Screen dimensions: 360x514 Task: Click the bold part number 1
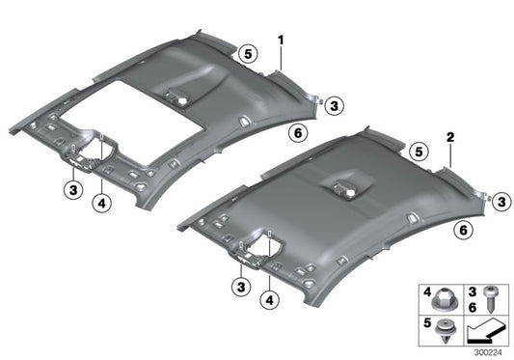[x=281, y=41]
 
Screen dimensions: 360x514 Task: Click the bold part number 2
[x=449, y=139]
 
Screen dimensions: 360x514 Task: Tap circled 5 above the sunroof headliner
[x=247, y=55]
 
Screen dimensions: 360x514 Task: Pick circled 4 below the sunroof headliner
[x=101, y=202]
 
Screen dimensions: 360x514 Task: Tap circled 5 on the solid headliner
[x=417, y=151]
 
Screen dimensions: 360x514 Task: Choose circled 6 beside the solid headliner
[x=462, y=230]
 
